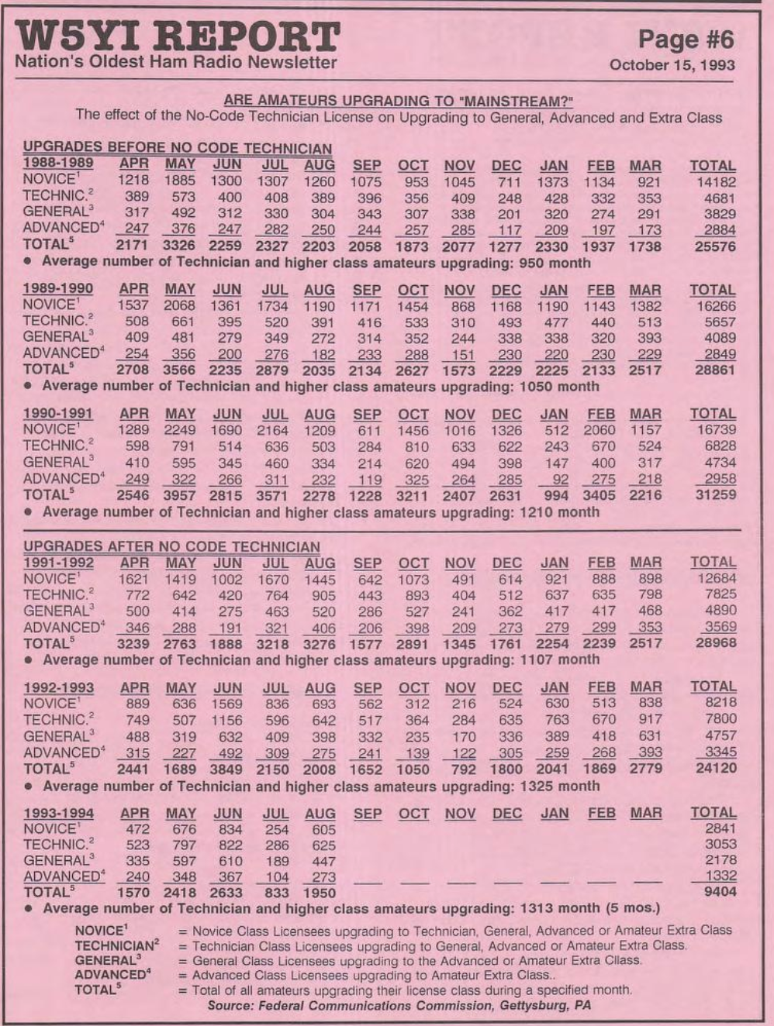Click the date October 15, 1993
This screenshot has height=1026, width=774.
[672, 64]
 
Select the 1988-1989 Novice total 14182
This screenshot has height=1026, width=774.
[714, 181]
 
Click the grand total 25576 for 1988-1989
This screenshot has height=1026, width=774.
[714, 247]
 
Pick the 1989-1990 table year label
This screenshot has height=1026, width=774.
[58, 289]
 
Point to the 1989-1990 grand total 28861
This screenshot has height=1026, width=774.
[714, 370]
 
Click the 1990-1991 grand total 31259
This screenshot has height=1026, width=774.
[714, 494]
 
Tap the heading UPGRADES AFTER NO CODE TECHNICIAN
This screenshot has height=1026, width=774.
[171, 547]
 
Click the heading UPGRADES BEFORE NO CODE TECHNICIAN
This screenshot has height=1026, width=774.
[177, 148]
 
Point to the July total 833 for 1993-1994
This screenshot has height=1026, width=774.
[276, 893]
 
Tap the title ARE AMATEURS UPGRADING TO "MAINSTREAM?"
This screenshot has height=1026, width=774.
[403, 101]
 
